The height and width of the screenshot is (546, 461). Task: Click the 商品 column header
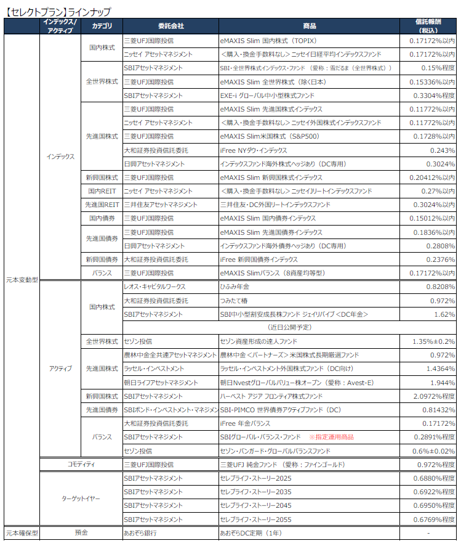click(310, 26)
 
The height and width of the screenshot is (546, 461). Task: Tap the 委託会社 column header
click(170, 26)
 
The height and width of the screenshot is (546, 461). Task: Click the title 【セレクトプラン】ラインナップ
click(58, 11)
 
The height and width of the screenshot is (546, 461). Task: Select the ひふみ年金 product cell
click(236, 287)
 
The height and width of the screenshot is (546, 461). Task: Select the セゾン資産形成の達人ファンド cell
click(259, 341)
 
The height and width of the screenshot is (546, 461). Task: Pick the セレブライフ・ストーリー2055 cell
click(255, 519)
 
